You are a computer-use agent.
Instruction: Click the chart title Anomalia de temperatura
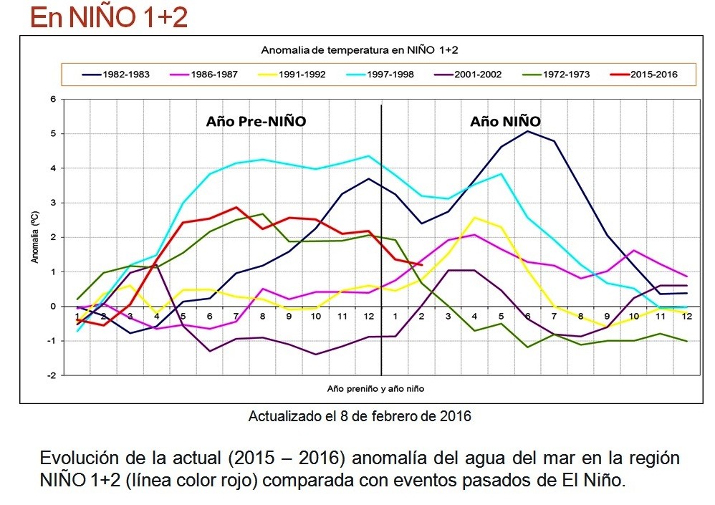point(359,49)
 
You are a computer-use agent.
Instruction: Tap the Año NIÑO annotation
point(505,122)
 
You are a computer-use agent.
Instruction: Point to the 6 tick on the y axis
point(52,99)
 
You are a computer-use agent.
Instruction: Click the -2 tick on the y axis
point(51,375)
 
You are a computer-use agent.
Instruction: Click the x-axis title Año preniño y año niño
point(371,388)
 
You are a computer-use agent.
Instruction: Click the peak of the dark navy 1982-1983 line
point(527,131)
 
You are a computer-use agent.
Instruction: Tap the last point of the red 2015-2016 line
point(423,265)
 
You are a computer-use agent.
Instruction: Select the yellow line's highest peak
point(475,218)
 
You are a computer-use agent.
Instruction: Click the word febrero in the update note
point(399,416)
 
